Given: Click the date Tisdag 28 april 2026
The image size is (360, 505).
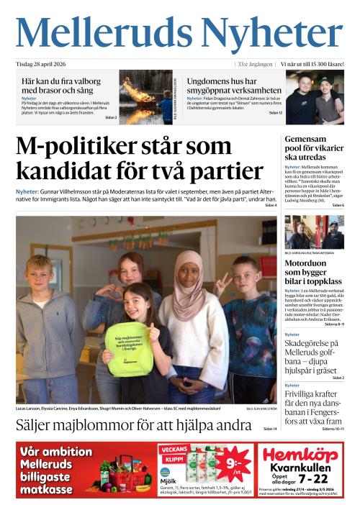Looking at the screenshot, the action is coord(45,64).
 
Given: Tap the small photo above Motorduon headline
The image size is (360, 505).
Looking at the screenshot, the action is coord(314,232).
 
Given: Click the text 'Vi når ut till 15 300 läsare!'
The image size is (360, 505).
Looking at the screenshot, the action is coord(311,64).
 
